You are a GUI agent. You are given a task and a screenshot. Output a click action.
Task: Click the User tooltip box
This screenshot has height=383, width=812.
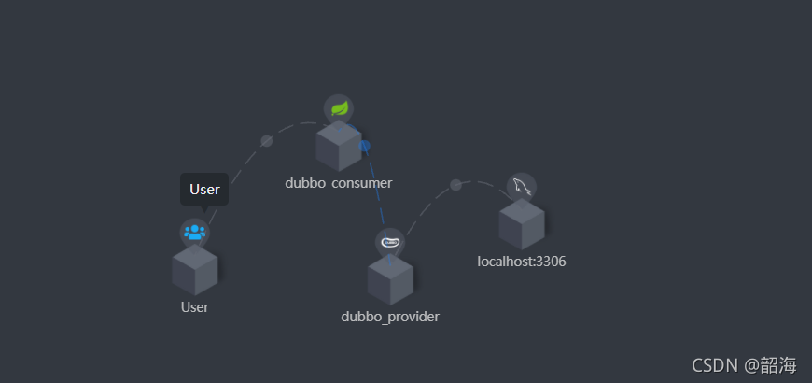coord(203,189)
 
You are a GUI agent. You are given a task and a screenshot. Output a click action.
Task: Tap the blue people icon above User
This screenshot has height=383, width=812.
coord(194,233)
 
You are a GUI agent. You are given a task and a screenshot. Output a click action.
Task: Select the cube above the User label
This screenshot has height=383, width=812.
coord(194,271)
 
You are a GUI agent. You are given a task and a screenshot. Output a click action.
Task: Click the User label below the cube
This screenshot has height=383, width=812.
coord(194,306)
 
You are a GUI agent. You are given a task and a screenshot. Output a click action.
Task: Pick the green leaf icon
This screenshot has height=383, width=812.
coord(338,108)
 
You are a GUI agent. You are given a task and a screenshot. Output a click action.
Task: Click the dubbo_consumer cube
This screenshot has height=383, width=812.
coord(338,147)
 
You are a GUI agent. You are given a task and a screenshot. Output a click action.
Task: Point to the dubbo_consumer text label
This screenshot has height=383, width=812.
coord(338,183)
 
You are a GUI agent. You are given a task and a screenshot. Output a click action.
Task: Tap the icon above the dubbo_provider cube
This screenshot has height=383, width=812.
coord(390,242)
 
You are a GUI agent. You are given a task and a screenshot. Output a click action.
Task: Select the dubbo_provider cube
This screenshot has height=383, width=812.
coord(390,280)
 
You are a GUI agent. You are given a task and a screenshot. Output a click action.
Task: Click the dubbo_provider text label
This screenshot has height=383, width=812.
coord(390,317)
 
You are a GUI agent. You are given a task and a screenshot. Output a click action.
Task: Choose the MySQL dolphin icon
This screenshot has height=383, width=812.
coord(521,187)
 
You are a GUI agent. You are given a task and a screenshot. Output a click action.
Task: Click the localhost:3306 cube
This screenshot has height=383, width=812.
coord(521,225)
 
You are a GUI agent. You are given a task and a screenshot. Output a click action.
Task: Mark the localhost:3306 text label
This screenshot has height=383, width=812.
coord(521,262)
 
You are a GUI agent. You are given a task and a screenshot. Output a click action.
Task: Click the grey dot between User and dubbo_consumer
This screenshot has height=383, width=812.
coord(267,141)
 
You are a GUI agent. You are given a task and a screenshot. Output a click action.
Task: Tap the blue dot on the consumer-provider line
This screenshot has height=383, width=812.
coord(365,146)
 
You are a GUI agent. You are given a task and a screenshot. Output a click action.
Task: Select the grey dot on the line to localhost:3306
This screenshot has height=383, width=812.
coord(455,185)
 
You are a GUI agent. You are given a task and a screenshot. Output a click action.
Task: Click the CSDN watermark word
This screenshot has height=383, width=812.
coord(701,364)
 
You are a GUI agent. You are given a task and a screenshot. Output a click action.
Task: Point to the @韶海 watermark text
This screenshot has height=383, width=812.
coord(770,364)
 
